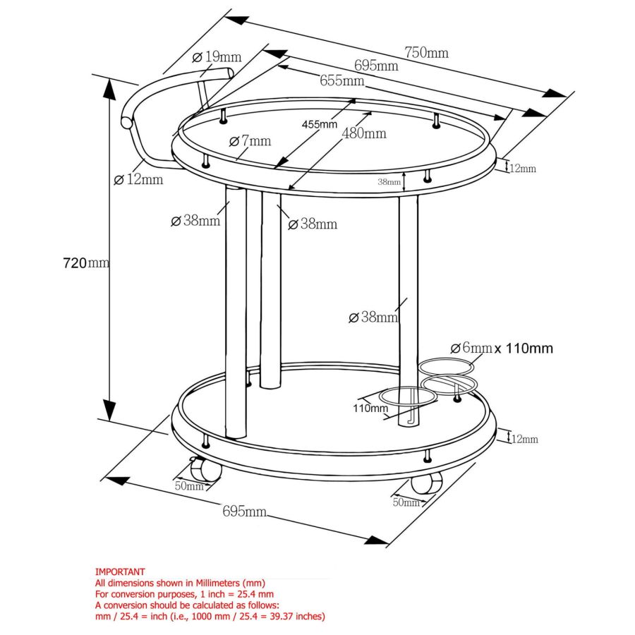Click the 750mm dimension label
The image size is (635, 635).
(x=426, y=53)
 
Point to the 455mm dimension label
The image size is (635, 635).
(x=319, y=124)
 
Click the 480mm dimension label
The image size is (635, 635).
(x=363, y=133)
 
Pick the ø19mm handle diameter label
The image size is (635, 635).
(x=217, y=56)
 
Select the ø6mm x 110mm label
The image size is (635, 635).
(x=501, y=348)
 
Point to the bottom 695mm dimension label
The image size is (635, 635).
(x=244, y=512)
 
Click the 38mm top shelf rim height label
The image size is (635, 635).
(x=389, y=181)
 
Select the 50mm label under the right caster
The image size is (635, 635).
(x=406, y=502)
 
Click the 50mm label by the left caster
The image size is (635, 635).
(x=189, y=486)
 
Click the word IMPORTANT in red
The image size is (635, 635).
(x=120, y=571)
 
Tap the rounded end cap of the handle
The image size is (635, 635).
(x=127, y=122)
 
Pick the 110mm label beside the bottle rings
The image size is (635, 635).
(x=370, y=408)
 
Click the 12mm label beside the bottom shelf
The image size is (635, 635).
(x=524, y=440)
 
